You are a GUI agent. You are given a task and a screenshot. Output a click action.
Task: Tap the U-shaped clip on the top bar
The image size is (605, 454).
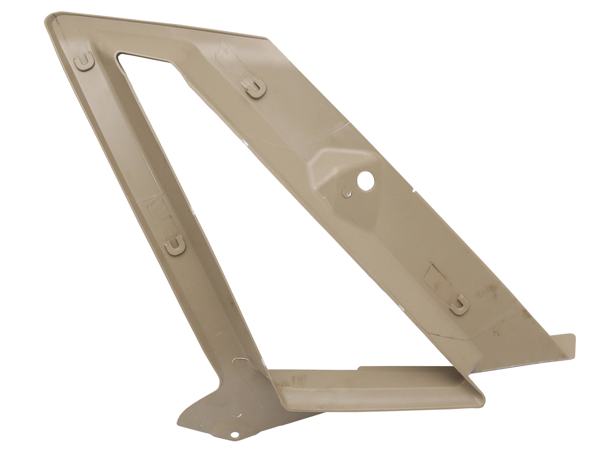click(254, 88)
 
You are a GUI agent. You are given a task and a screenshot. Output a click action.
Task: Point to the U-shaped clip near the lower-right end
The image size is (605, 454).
click(460, 303)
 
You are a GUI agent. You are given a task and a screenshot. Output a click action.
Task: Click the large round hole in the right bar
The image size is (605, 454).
click(365, 181)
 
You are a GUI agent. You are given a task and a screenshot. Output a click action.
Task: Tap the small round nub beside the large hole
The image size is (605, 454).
click(345, 191)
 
